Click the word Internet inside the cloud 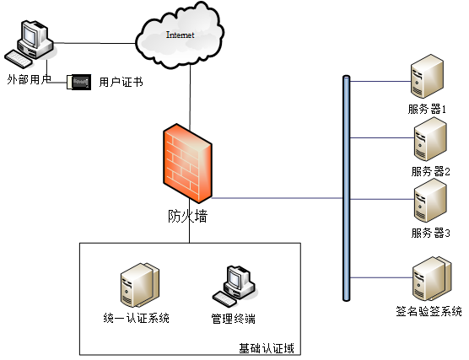[180, 35]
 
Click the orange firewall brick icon [187, 163]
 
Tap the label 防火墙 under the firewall [187, 216]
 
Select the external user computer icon [30, 44]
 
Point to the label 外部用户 [29, 79]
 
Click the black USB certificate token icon [79, 82]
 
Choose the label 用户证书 [121, 82]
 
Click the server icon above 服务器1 [427, 76]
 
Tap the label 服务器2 [430, 172]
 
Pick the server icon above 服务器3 [430, 201]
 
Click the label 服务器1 [427, 109]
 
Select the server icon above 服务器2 [430, 139]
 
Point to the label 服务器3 [430, 233]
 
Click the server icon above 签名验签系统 [432, 279]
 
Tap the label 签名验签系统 [429, 311]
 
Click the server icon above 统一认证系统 [140, 285]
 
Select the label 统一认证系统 [137, 318]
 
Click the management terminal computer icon [235, 286]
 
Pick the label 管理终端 [234, 319]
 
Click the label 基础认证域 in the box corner [267, 348]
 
